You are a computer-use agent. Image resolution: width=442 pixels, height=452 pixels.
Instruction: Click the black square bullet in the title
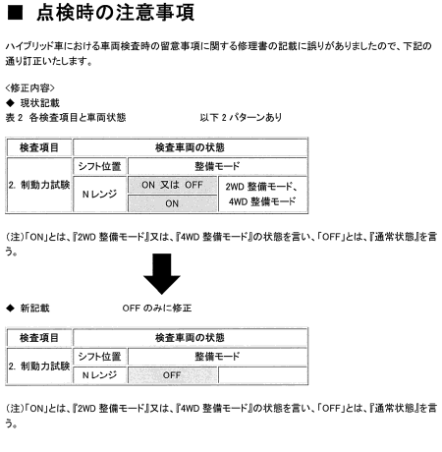coord(15,13)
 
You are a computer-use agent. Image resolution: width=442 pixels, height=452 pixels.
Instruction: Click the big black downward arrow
coord(162,274)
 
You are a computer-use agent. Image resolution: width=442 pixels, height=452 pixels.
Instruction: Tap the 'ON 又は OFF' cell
coord(172,185)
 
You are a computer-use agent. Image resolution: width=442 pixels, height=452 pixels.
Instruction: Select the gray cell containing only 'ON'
coord(172,203)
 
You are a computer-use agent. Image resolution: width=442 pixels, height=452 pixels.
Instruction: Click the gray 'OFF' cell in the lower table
coord(172,375)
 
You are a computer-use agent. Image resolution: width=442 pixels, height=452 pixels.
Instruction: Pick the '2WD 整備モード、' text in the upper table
coord(261,187)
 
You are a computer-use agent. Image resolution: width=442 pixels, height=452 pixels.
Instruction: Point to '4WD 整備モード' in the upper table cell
coord(262,201)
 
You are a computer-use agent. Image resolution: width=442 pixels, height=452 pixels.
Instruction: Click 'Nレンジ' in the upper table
coord(99,194)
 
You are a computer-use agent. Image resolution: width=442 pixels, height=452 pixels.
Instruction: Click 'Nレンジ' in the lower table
coord(99,375)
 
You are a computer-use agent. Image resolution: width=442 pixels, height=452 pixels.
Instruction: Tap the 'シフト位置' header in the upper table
coord(99,166)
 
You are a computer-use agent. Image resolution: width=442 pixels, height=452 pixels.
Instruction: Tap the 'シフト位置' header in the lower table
coord(99,357)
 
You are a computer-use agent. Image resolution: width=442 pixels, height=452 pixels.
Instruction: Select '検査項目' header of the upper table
coord(39,147)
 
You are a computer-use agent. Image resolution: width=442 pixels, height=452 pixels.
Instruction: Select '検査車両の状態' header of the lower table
coord(190,338)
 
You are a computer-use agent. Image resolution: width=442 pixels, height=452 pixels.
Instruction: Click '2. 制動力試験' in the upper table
coord(39,185)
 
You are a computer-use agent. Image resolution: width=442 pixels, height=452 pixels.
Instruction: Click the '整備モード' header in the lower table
coord(217,357)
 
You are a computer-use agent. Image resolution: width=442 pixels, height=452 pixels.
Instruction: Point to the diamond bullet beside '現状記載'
coord(11,103)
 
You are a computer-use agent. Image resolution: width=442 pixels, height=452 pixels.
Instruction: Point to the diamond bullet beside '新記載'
coord(11,308)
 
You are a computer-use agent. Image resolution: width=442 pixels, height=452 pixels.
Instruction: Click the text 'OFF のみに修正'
coord(157,308)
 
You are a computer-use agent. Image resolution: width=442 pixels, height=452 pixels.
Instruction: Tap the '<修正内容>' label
coord(29,87)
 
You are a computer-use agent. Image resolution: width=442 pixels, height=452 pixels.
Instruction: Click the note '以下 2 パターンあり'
coord(241,117)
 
